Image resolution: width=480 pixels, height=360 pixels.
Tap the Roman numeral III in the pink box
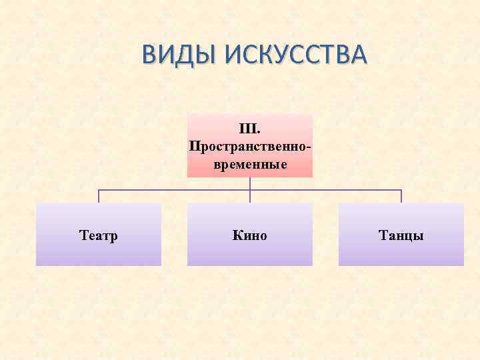[x=246, y=127]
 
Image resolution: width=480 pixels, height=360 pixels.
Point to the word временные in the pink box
[x=250, y=163]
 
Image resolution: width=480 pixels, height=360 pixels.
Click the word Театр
[x=98, y=235]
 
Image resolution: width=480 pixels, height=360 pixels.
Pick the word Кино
[x=250, y=235]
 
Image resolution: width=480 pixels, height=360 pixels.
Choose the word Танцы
[x=401, y=235]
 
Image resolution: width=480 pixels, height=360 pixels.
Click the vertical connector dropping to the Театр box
[x=99, y=196]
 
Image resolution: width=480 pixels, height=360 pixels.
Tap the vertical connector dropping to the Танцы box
[x=401, y=196]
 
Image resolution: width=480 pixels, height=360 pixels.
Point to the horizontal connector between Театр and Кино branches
[x=174, y=190]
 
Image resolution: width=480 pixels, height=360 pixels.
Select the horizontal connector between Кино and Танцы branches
[x=326, y=190]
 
